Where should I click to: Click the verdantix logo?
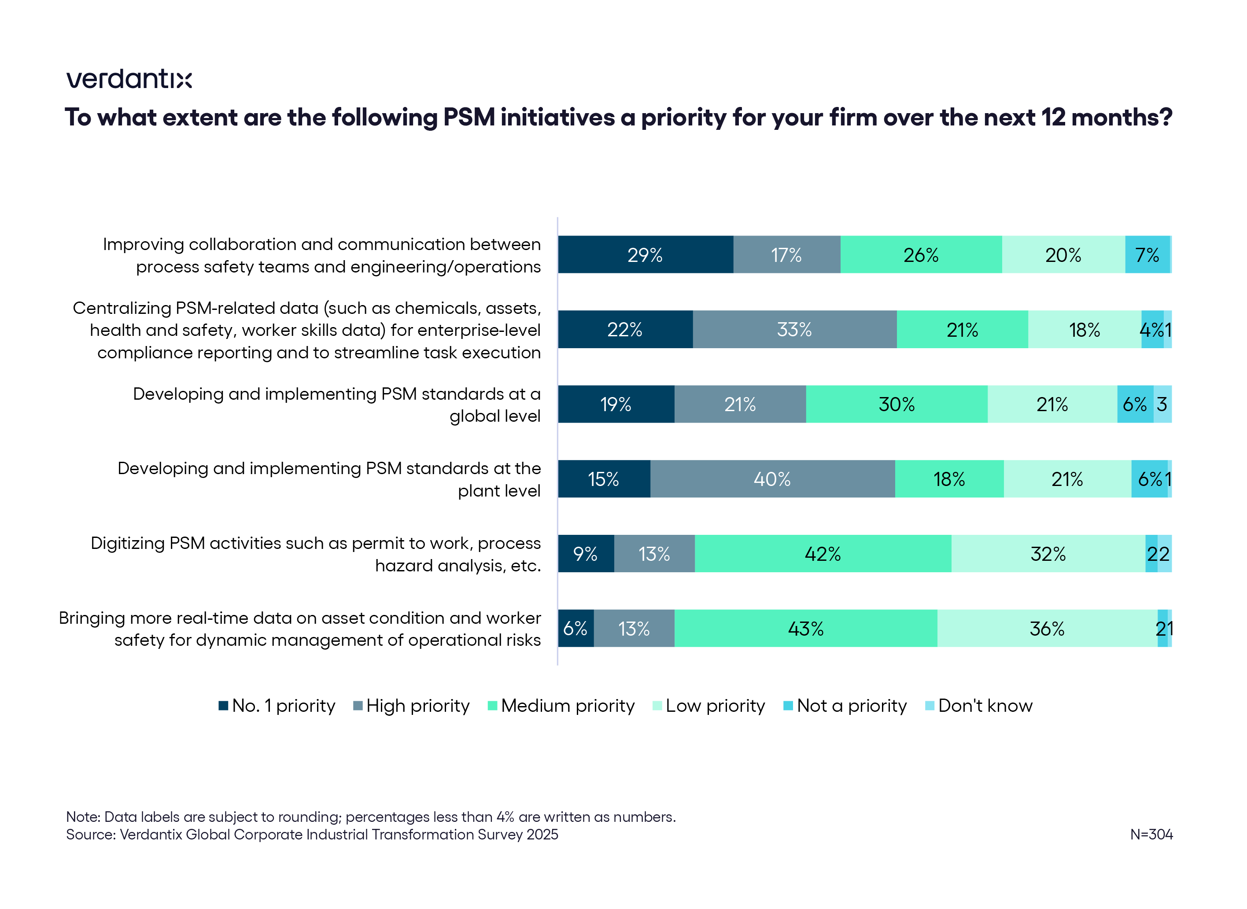(x=129, y=79)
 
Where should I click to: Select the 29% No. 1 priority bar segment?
(x=645, y=255)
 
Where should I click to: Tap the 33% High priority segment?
(x=794, y=330)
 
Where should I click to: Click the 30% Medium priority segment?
(x=896, y=405)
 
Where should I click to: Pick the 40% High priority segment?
(x=772, y=479)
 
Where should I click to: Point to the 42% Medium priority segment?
(x=822, y=554)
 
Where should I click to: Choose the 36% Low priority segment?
(x=1047, y=629)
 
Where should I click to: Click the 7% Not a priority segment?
(x=1147, y=255)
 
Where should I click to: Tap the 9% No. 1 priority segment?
(x=586, y=554)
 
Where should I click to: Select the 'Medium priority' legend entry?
(x=561, y=706)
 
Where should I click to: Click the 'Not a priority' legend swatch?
(x=788, y=706)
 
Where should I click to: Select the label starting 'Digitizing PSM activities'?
(x=315, y=554)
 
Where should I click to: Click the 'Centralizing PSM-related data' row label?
(x=307, y=330)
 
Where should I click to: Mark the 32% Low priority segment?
(x=1048, y=554)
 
